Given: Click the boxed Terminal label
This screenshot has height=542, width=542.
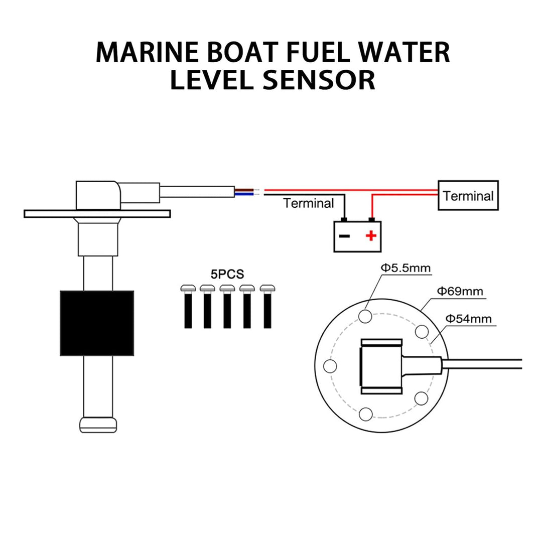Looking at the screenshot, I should point(468,196).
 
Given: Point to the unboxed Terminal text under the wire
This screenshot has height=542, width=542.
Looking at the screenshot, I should point(308,203).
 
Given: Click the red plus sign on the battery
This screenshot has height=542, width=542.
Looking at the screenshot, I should point(370,235).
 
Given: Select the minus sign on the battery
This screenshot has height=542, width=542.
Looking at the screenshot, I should point(344,236).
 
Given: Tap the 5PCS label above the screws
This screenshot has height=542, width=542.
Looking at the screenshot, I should point(227,275).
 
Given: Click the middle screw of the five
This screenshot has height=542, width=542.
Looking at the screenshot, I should point(227,306).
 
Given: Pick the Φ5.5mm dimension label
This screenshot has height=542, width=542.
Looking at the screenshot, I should point(405,268).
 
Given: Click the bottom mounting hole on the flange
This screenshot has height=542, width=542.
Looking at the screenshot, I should point(366,414).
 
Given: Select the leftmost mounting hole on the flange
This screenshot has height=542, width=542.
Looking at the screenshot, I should point(329,366).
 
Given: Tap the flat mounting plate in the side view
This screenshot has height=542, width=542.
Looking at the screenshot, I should point(97,214).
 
